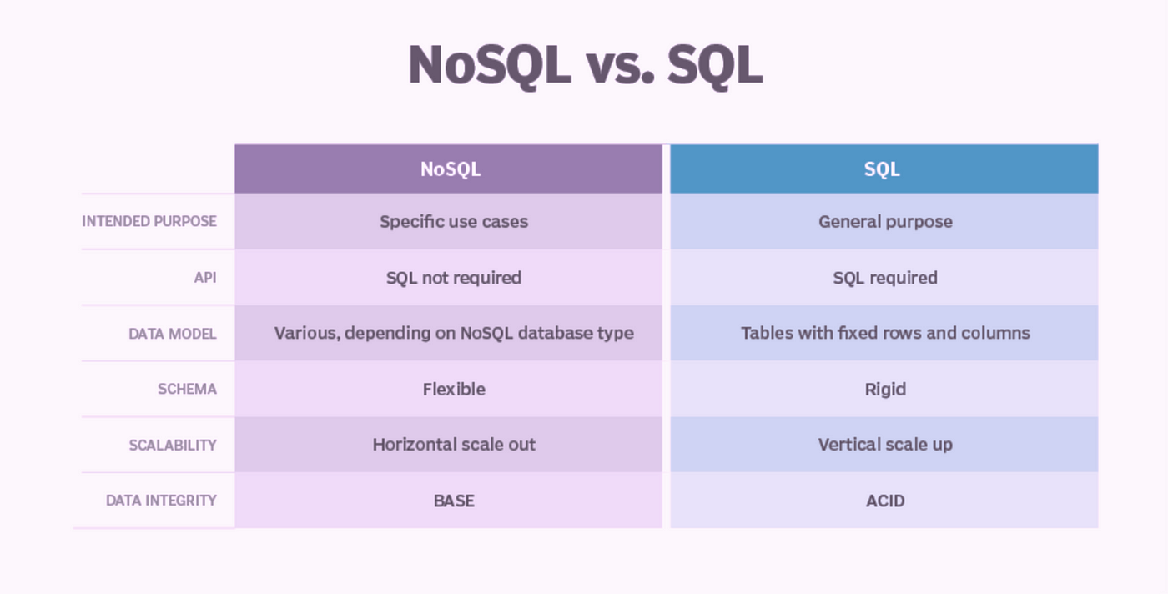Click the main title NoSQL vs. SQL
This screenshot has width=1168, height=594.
pos(585,65)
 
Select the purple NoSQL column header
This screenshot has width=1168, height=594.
pos(449,169)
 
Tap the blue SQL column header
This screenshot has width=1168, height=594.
pos(884,169)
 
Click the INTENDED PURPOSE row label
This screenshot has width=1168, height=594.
pos(149,221)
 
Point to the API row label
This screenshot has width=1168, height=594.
pos(205,278)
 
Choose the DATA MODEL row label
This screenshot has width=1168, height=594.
pos(173,334)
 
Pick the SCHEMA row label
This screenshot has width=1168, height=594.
pos(187,389)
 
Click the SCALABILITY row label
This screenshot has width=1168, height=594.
pos(173,445)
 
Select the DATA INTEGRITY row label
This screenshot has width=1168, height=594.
pos(161,500)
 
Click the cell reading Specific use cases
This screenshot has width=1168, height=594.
pos(449,222)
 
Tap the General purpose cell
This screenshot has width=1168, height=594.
pos(884,222)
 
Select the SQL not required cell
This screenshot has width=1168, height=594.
pos(449,278)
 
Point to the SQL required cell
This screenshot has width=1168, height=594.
pos(884,278)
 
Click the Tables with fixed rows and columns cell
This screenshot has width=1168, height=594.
pos(884,333)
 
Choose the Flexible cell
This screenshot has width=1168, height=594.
pos(449,389)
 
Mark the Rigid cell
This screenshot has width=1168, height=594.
pos(884,389)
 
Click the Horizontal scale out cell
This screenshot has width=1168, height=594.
pos(449,445)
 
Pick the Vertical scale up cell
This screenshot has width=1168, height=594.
pos(884,445)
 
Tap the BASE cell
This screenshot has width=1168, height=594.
pos(449,501)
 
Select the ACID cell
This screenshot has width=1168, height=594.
pos(884,501)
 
